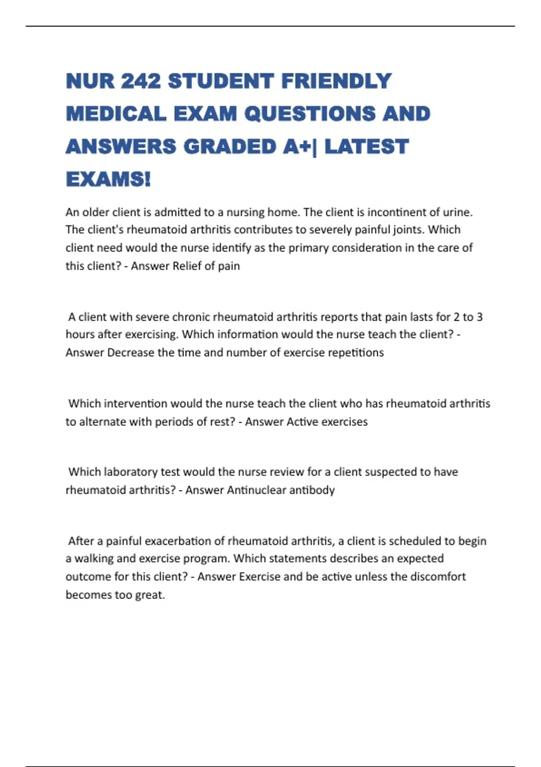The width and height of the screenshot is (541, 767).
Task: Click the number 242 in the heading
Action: click(x=141, y=81)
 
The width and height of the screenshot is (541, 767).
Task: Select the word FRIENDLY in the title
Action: click(x=336, y=81)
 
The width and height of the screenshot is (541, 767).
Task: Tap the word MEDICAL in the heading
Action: click(x=116, y=114)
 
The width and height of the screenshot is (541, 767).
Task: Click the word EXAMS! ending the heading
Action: click(x=108, y=180)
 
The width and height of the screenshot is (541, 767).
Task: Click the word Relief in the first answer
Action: click(x=186, y=266)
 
